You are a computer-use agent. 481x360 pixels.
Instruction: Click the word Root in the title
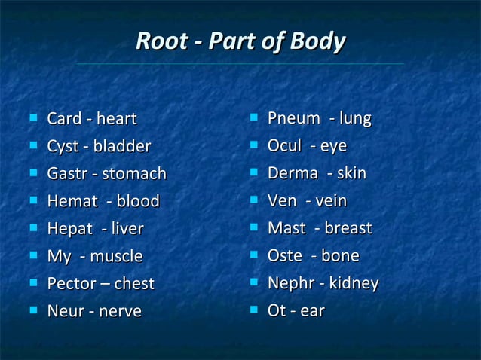pos(159,41)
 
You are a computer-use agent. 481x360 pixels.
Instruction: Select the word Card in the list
pos(63,119)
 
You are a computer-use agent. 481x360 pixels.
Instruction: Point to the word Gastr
pos(67,174)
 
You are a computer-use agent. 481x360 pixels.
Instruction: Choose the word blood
pos(138,201)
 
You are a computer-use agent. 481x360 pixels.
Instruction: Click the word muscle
pos(116,256)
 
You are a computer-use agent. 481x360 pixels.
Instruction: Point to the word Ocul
pos(284,146)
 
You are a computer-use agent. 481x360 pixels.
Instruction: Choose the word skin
pos(351,173)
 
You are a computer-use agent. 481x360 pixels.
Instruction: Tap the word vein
pos(330,201)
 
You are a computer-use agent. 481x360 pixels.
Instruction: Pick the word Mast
pos(285,228)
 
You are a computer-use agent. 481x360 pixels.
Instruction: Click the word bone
pos(340,256)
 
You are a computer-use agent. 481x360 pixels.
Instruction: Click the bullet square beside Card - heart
pos(32,117)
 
